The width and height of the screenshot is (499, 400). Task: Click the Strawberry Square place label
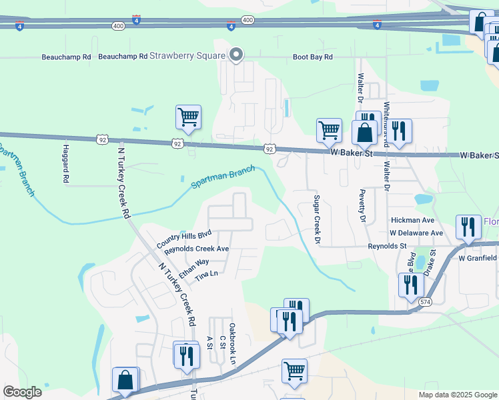click(187, 55)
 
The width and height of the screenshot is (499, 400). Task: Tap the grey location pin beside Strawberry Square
click(235, 56)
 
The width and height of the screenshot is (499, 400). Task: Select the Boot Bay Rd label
click(312, 57)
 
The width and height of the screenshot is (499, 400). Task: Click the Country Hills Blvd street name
click(183, 240)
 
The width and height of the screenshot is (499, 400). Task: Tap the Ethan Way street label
click(193, 266)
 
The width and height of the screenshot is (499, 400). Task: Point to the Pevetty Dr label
click(364, 209)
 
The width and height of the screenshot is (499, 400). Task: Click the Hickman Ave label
click(413, 219)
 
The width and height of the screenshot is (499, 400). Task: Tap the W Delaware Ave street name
click(416, 233)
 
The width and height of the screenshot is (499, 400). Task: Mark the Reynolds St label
click(388, 246)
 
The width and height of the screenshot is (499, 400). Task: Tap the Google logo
click(22, 392)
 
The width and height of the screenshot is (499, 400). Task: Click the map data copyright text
click(458, 395)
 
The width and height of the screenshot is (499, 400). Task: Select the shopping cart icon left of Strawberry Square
click(189, 117)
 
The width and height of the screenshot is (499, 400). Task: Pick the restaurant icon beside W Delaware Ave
click(468, 227)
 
